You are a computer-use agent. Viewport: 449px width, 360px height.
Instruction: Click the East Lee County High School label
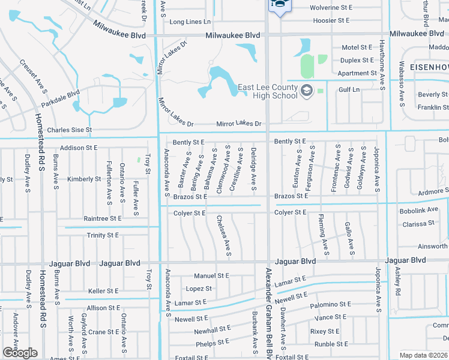pyautogui.click(x=268, y=91)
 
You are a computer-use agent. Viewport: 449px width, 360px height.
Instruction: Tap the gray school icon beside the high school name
pyautogui.click(x=307, y=91)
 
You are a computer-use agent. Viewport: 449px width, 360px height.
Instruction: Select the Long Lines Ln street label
pyautogui.click(x=185, y=22)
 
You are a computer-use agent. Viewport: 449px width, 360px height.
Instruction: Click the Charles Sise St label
pyautogui.click(x=69, y=130)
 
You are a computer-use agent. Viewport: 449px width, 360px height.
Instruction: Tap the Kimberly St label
pyautogui.click(x=84, y=179)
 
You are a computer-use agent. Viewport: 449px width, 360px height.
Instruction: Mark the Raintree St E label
pyautogui.click(x=102, y=219)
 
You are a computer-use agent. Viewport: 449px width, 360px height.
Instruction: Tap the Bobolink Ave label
pyautogui.click(x=420, y=211)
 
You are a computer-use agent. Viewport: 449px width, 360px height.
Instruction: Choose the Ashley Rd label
pyautogui.click(x=397, y=281)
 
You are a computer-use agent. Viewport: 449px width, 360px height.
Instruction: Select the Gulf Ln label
pyautogui.click(x=349, y=89)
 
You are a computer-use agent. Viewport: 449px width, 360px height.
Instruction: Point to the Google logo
pyautogui.click(x=20, y=353)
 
